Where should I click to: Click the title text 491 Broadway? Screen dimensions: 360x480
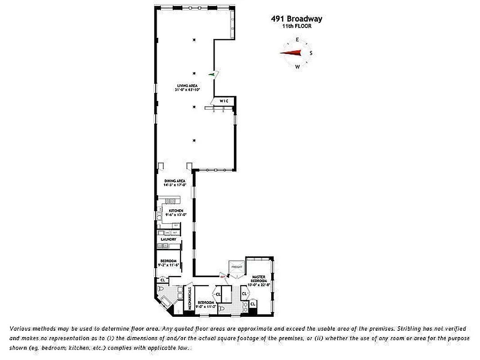pyautogui.click(x=296, y=19)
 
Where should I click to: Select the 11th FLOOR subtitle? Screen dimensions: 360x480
pyautogui.click(x=296, y=26)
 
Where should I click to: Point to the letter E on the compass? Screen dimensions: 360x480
pyautogui.click(x=297, y=40)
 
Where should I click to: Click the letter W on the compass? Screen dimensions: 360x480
pyautogui.click(x=297, y=67)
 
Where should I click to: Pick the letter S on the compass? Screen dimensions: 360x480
pyautogui.click(x=311, y=53)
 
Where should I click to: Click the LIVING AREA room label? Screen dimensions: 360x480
pyautogui.click(x=187, y=85)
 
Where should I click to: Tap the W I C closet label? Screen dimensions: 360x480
pyautogui.click(x=224, y=101)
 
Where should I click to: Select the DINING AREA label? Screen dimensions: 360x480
pyautogui.click(x=175, y=181)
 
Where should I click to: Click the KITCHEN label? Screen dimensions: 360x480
pyautogui.click(x=175, y=211)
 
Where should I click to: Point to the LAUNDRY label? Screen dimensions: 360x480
pyautogui.click(x=169, y=239)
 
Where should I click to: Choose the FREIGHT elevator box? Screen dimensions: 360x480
pyautogui.click(x=237, y=267)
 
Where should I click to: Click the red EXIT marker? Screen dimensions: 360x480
pyautogui.click(x=222, y=277)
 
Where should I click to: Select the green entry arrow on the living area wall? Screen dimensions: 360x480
pyautogui.click(x=211, y=74)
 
